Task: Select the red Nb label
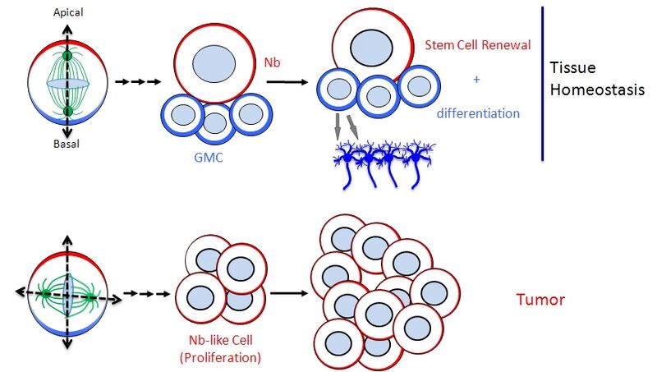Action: coord(272,62)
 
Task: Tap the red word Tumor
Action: coord(540,300)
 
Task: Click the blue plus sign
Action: coord(476,80)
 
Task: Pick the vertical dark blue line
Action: coord(543,82)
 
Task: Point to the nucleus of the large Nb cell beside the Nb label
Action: coord(214,63)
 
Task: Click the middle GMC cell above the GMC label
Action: coord(214,122)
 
